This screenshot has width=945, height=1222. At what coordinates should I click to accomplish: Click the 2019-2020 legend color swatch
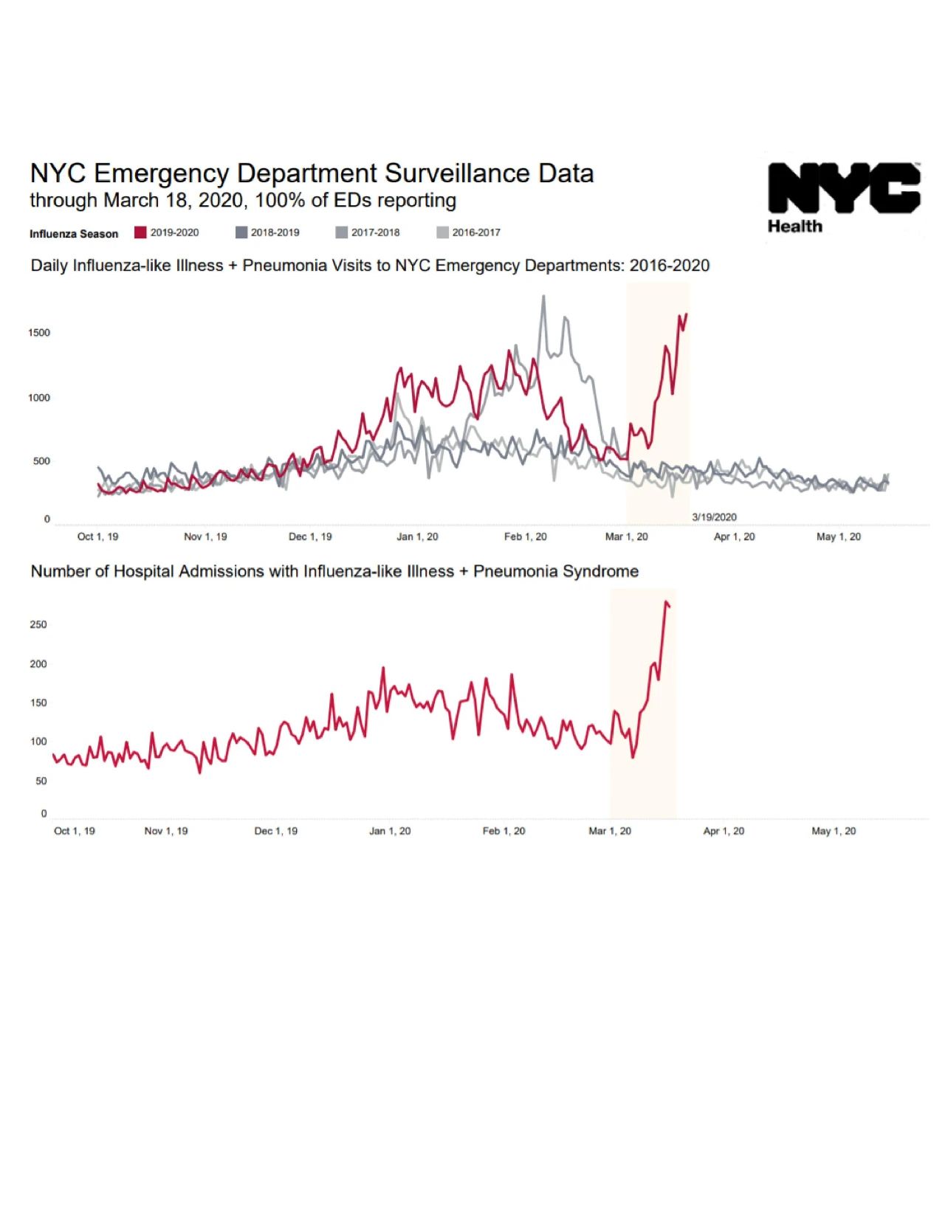(x=140, y=232)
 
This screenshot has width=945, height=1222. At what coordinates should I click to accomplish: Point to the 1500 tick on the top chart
(x=39, y=333)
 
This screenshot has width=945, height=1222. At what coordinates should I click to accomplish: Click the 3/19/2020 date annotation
(x=714, y=517)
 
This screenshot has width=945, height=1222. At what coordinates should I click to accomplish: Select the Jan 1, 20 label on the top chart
(x=417, y=536)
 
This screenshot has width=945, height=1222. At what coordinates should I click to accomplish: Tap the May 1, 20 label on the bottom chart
(x=834, y=831)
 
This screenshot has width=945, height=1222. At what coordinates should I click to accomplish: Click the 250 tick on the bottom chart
(x=38, y=624)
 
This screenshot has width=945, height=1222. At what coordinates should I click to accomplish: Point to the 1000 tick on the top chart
(x=39, y=398)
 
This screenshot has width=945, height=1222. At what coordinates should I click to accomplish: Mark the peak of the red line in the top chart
(x=686, y=314)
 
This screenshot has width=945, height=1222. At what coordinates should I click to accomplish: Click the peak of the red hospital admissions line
(x=667, y=603)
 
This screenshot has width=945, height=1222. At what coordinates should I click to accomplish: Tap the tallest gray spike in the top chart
(x=543, y=297)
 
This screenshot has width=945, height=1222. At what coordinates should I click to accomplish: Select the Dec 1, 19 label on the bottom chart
(x=275, y=831)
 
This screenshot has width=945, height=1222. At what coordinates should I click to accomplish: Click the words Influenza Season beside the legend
(x=74, y=234)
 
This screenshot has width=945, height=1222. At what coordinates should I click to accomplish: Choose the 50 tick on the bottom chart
(x=41, y=781)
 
